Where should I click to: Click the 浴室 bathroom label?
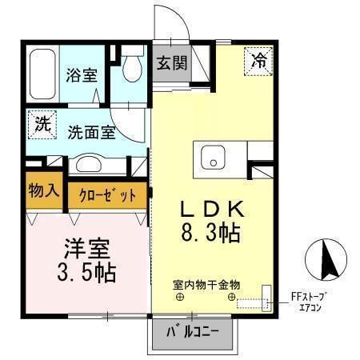coord(82,75)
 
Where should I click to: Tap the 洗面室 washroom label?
coord(91,131)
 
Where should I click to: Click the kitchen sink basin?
coord(214,158)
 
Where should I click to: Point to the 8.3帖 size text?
coord(210,234)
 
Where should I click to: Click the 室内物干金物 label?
coord(206,285)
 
